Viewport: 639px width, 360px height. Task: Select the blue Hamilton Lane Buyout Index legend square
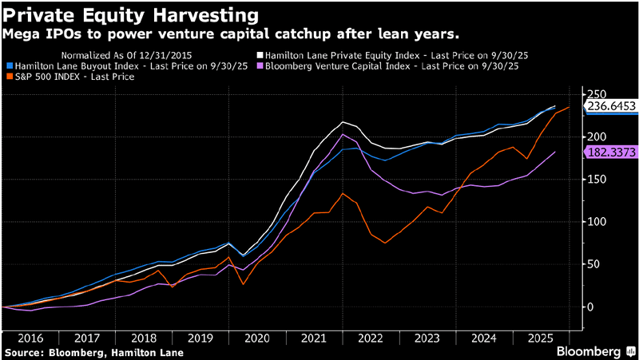9,65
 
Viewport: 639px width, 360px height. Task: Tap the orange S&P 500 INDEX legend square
9,77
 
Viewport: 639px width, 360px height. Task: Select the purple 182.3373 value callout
612,152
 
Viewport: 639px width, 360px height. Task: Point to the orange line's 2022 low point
385,243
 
